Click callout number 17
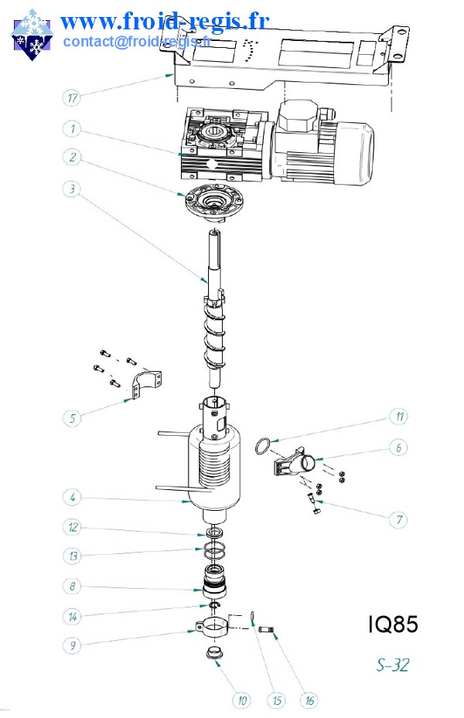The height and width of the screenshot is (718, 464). point(72,98)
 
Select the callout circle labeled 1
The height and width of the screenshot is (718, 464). point(72,128)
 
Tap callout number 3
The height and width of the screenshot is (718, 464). point(72,188)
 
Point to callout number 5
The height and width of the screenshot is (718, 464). point(72,418)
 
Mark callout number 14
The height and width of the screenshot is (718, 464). point(72,616)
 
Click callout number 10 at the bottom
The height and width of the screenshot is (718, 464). point(243,701)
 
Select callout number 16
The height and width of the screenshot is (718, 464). point(309,701)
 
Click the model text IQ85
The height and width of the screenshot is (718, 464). point(392,624)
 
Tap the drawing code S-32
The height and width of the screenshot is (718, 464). point(393,665)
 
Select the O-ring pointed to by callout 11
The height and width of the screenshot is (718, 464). point(263,446)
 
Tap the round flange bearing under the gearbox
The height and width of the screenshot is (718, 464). point(210,203)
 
